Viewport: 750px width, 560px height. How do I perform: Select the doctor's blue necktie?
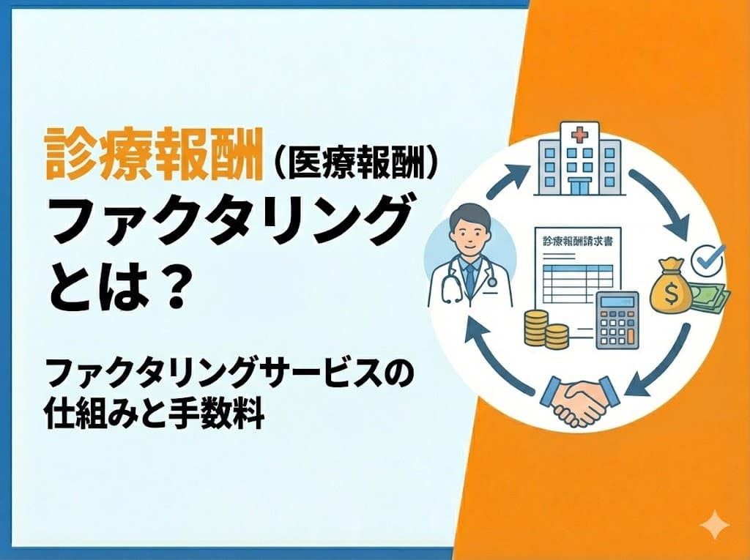469,275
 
